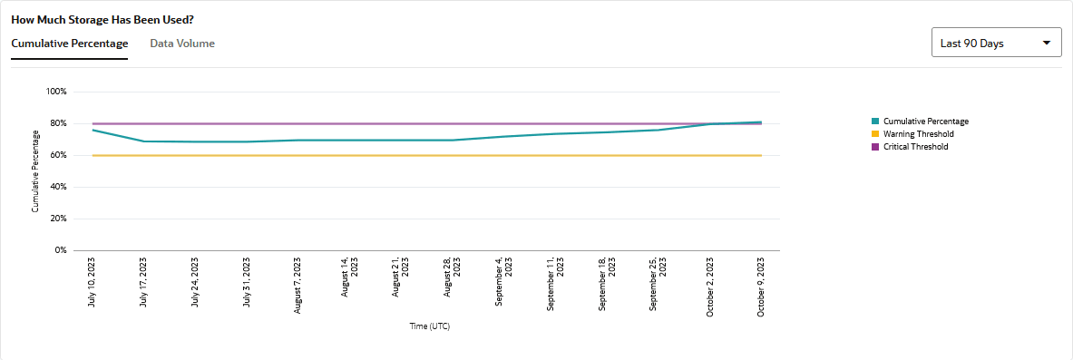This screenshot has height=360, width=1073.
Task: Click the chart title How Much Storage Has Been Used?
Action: click(102, 18)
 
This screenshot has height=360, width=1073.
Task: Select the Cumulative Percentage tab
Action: click(69, 43)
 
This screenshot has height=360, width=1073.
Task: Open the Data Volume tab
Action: click(182, 43)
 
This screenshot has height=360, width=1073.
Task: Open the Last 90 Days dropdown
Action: click(996, 43)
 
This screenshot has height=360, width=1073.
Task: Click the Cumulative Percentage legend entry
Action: click(925, 122)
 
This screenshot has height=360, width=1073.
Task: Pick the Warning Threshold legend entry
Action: click(918, 134)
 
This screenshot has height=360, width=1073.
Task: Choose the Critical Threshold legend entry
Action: click(915, 147)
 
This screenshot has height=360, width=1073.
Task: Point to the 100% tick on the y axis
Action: click(56, 92)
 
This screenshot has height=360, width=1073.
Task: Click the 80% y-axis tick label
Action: click(58, 123)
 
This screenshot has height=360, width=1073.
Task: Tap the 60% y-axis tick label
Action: click(58, 155)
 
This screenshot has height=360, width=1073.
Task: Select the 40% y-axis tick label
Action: click(58, 187)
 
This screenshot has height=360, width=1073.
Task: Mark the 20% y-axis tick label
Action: click(58, 219)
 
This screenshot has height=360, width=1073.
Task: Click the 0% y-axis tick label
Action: click(60, 250)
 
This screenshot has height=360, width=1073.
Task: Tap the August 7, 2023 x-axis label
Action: click(298, 284)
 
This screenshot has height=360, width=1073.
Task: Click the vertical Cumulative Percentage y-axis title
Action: click(35, 171)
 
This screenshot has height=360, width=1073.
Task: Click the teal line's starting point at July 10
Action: click(93, 130)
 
